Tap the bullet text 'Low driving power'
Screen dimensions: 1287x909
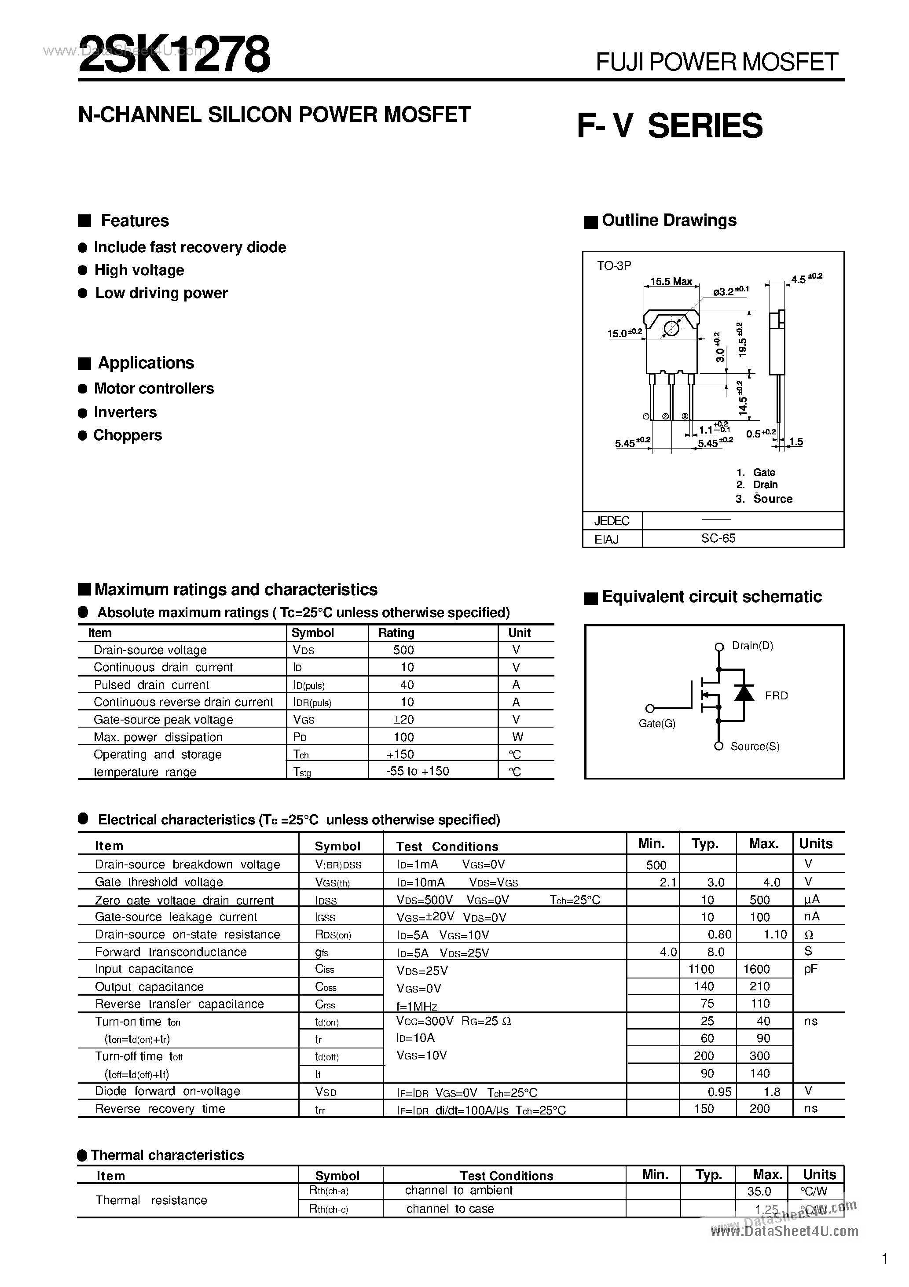161,293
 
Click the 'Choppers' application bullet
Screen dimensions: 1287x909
127,436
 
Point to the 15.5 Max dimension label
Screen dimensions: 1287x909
671,281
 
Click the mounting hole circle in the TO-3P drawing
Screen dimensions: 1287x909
671,328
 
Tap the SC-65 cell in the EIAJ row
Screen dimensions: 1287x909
718,539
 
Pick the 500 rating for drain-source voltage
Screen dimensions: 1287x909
403,650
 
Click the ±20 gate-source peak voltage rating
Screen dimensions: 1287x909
403,720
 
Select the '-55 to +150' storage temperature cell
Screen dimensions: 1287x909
418,771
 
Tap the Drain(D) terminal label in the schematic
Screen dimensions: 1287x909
752,646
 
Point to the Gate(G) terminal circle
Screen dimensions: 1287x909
650,709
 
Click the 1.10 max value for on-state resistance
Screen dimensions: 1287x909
775,934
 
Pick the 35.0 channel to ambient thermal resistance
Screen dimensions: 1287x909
759,1191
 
